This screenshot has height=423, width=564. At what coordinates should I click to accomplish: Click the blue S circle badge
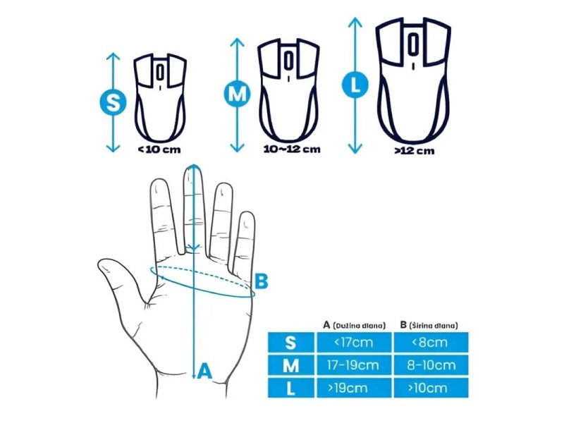(113, 102)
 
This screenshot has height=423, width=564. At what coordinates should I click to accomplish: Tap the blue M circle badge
(237, 94)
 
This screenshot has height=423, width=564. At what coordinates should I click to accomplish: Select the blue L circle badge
(355, 85)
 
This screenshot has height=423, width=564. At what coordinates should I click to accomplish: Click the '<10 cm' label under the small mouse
(160, 149)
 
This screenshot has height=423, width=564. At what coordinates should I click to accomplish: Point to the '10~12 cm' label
(292, 149)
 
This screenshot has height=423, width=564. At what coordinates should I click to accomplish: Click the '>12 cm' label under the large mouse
(415, 151)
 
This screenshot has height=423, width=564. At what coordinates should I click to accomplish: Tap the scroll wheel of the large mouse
(413, 44)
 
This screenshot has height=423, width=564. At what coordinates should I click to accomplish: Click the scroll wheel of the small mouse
(160, 73)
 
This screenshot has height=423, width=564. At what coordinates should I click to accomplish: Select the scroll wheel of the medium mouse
(288, 60)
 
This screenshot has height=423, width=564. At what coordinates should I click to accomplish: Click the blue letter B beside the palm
(261, 281)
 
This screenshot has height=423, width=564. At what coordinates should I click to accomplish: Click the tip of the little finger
(247, 214)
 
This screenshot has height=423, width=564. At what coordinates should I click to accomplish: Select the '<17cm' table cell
(354, 342)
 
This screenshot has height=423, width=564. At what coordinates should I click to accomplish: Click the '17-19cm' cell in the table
(354, 365)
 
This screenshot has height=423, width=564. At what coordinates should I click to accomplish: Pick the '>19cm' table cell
(354, 388)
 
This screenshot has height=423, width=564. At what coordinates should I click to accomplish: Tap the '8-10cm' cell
(431, 365)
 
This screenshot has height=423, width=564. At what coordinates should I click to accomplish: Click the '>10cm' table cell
(431, 388)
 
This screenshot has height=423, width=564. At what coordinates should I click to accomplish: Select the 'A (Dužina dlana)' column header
(355, 325)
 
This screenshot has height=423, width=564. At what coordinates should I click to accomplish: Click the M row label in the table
(291, 365)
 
